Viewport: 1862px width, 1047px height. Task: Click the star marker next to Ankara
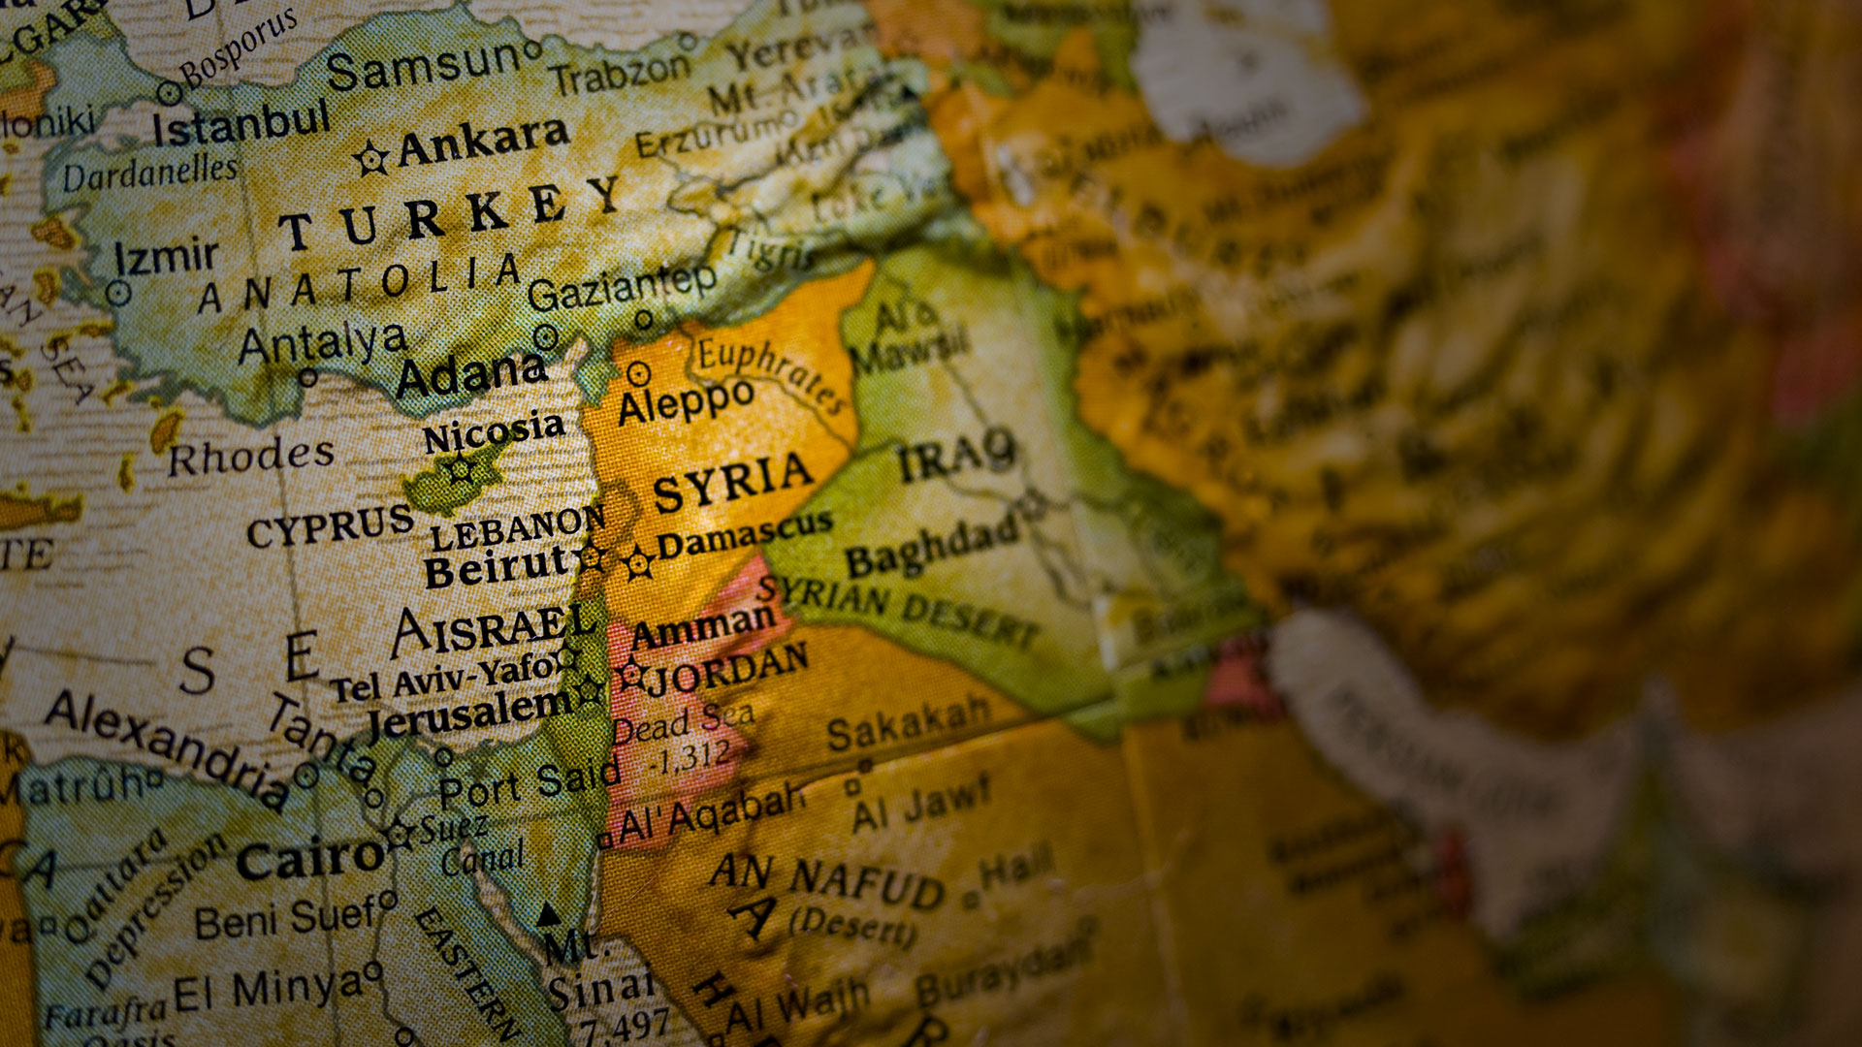[x=370, y=158]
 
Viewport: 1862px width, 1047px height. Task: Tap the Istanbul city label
[x=241, y=123]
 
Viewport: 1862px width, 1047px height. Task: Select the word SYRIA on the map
[x=732, y=482]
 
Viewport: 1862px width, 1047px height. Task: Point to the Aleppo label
[x=686, y=401]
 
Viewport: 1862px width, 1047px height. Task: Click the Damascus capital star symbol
[x=638, y=563]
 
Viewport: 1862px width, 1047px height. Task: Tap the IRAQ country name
[x=956, y=456]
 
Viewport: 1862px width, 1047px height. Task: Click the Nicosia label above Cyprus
[x=494, y=432]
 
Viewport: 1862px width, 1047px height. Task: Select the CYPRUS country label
[x=330, y=527]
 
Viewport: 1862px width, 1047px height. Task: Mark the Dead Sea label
[x=684, y=723]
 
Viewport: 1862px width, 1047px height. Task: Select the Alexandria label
[x=166, y=746]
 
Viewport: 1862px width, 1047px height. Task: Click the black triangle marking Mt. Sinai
[x=549, y=914]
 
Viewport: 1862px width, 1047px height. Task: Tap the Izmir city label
[x=166, y=258]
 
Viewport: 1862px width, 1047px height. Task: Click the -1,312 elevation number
[x=690, y=757]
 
